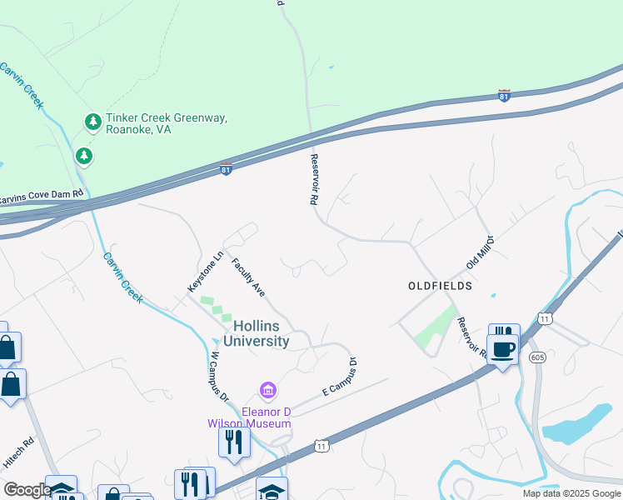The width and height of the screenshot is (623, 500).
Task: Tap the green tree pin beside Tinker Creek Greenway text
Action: [x=93, y=122]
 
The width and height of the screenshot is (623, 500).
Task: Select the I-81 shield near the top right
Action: [x=503, y=96]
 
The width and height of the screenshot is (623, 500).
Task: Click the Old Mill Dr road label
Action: [x=481, y=252]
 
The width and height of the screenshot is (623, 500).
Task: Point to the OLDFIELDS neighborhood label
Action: [x=440, y=286]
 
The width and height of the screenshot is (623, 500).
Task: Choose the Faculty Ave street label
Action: [x=248, y=277]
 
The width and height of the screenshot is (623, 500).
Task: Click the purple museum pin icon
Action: [x=268, y=390]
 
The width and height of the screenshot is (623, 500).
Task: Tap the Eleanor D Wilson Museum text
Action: [x=249, y=417]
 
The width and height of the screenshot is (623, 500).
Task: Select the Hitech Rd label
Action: [x=18, y=450]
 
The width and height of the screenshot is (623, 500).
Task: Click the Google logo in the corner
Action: [x=27, y=489]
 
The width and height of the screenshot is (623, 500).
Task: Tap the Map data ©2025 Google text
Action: [x=571, y=493]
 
